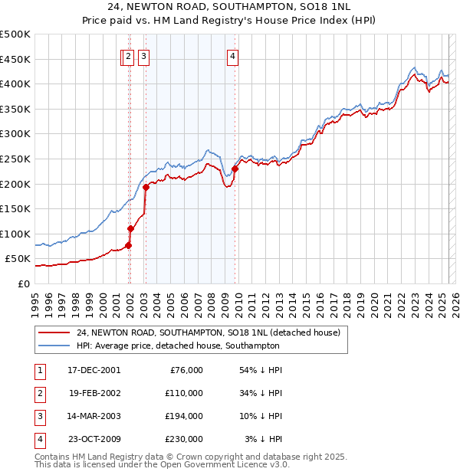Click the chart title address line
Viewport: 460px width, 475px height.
coord(230,8)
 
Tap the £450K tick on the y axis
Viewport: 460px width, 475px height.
coord(15,59)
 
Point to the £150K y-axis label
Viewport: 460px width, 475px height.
coord(15,208)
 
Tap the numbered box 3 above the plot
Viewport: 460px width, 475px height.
coord(144,55)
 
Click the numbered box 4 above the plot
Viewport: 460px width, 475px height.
coord(232,55)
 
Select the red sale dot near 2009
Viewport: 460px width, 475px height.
coord(235,169)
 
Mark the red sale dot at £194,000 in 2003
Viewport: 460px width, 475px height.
coord(146,186)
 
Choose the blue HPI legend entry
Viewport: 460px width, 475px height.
coord(178,346)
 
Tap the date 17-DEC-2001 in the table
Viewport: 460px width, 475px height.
coord(94,370)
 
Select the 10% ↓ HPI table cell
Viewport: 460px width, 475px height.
coord(261,416)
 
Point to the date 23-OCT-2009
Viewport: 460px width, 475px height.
coord(95,439)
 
